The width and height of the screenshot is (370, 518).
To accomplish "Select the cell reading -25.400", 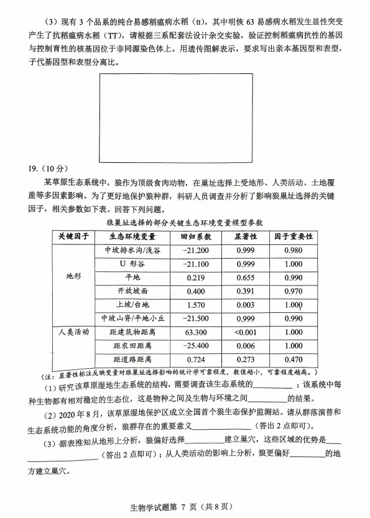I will click(195, 346).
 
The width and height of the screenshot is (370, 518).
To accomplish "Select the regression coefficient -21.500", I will click(195, 318).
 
